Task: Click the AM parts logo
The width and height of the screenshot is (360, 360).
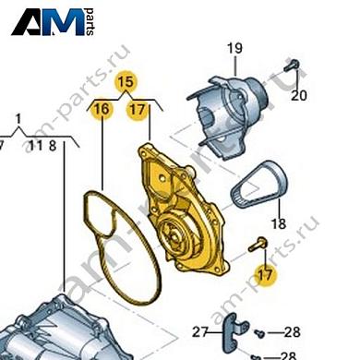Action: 53,22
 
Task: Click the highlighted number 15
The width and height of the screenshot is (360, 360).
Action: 126,82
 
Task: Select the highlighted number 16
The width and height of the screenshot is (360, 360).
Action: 102,109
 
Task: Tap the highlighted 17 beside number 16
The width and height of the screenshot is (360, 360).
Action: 137,109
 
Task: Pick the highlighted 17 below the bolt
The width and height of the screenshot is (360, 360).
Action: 265,275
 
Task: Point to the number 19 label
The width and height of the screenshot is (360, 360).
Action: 234,49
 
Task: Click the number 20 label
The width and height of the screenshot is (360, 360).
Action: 299,96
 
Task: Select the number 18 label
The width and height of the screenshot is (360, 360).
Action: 279,223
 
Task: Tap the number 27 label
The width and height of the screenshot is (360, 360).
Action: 201,332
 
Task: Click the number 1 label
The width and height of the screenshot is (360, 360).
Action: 18,119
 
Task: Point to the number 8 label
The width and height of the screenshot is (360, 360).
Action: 53,146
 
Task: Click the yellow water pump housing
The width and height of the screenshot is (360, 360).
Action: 183,210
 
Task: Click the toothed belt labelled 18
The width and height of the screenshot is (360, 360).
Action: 259,184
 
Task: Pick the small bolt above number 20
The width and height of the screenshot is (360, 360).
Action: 292,65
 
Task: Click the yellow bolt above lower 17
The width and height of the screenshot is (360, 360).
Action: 258,245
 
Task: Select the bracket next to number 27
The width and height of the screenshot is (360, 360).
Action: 233,333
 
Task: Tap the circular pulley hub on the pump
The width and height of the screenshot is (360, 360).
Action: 173,233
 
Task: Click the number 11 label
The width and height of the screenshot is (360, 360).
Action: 36,146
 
